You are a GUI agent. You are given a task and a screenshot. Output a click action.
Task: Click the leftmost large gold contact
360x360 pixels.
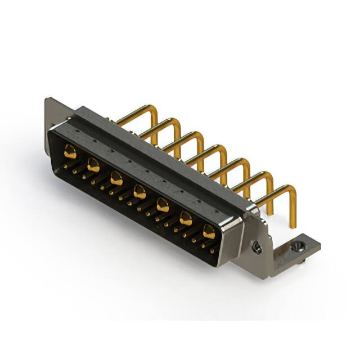pyautogui.click(x=70, y=151)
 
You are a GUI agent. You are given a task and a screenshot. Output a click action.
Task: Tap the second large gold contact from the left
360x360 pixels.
pyautogui.click(x=93, y=165)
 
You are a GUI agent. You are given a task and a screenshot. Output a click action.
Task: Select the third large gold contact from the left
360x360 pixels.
pyautogui.click(x=116, y=179)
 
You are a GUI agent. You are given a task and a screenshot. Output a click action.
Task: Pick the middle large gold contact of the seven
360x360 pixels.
pyautogui.click(x=139, y=192)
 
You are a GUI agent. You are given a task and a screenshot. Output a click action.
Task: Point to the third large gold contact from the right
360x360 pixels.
pyautogui.click(x=163, y=205)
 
